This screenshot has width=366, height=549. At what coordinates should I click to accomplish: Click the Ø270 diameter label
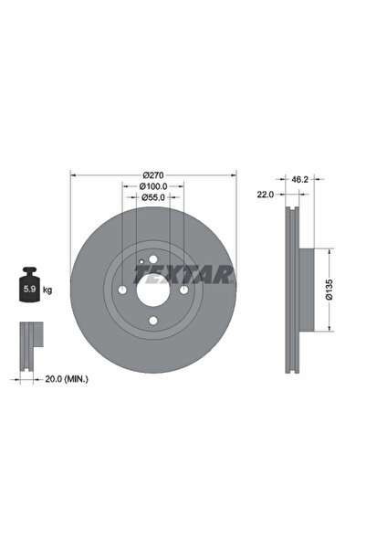pyautogui.click(x=152, y=175)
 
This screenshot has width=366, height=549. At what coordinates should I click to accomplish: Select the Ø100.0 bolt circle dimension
pyautogui.click(x=152, y=187)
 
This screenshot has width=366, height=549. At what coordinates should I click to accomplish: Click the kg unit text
pyautogui.click(x=47, y=290)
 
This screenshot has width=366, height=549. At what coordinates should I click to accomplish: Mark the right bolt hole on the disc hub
pyautogui.click(x=183, y=290)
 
